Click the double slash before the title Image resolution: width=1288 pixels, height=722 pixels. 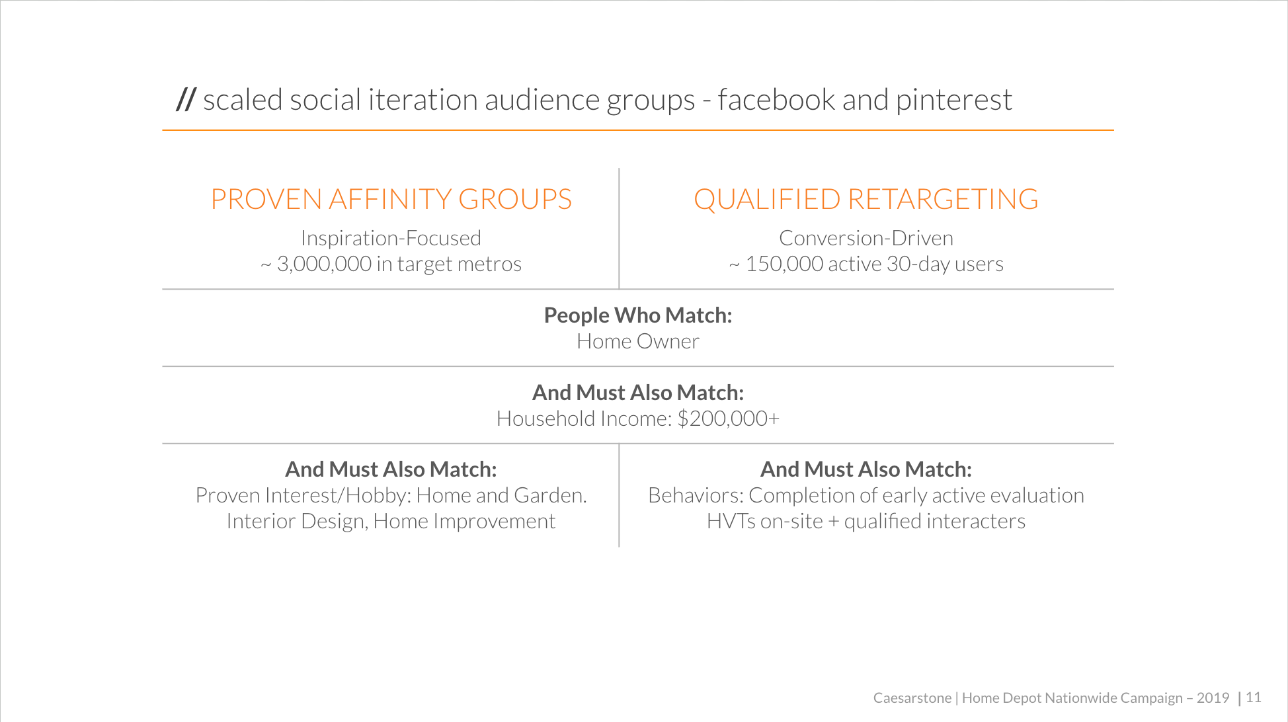point(186,100)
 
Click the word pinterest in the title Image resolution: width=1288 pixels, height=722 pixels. point(953,100)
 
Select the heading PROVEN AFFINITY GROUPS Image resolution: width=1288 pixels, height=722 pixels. point(391,199)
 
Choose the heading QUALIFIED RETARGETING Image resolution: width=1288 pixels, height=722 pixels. point(865,199)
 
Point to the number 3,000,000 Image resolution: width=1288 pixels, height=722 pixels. point(324,264)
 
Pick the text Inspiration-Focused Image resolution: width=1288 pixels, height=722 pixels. point(391,238)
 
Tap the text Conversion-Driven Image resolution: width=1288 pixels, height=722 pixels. point(865,238)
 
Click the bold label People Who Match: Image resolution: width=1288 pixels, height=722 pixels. point(637,315)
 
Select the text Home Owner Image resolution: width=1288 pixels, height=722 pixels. point(637,341)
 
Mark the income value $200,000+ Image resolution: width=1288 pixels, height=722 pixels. point(728,419)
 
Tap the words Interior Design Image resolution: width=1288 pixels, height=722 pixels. point(297,521)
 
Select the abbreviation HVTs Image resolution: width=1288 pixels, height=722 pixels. point(731,521)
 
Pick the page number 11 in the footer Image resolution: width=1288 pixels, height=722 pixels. point(1253,698)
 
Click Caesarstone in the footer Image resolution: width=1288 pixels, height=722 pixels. point(912,698)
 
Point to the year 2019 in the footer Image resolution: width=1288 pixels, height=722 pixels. point(1212,698)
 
